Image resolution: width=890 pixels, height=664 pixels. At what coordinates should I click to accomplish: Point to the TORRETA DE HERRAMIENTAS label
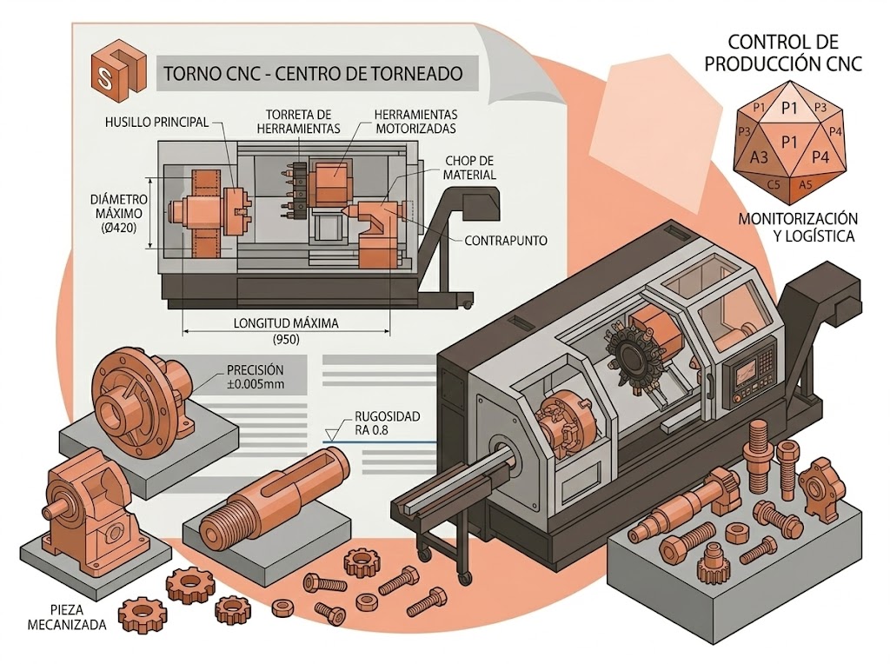[x=298, y=122]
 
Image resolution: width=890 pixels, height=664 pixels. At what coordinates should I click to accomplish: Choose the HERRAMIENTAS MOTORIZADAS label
[x=416, y=122]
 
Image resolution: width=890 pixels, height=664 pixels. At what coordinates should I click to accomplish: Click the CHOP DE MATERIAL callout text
[x=469, y=168]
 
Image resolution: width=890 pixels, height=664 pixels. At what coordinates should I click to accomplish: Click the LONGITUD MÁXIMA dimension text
[x=286, y=323]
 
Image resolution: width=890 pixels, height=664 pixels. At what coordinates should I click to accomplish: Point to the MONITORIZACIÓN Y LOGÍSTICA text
[x=798, y=227]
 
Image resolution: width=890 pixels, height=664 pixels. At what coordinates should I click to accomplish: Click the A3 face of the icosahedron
[x=758, y=157]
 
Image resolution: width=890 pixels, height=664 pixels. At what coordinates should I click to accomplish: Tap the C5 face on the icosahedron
[x=773, y=184]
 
